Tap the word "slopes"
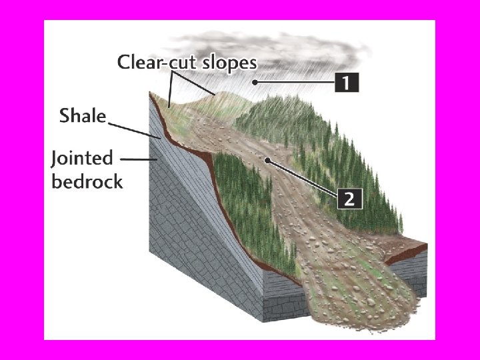(224, 63)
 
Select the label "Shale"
(82, 116)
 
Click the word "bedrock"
(87, 181)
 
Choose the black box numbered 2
(351, 198)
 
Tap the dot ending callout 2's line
(267, 160)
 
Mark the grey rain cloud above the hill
(307, 47)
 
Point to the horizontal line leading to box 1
(297, 82)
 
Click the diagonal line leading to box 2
(303, 179)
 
